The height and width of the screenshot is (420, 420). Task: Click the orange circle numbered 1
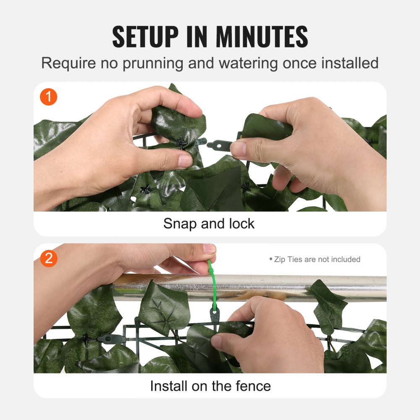[49, 97]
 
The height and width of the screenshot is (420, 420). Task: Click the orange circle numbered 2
[49, 258]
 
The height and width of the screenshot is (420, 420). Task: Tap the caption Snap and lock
[209, 223]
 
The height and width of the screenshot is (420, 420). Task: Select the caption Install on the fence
[210, 385]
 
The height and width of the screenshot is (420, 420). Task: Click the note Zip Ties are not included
[315, 260]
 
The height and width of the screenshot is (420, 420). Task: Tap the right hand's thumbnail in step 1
[238, 149]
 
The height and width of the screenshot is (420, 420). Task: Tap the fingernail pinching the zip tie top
[209, 249]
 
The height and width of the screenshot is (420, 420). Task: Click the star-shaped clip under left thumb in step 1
[181, 143]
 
